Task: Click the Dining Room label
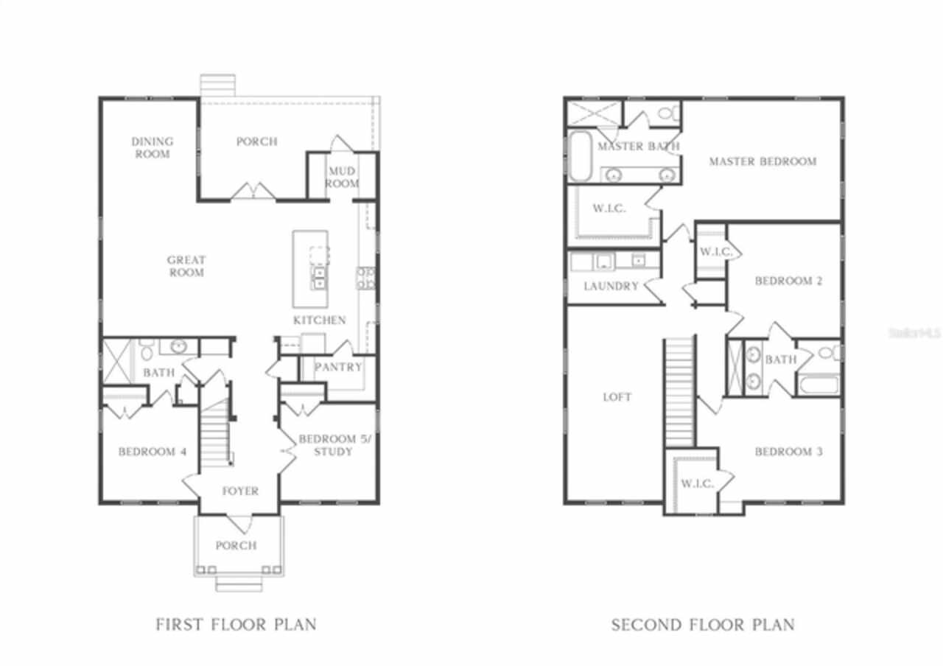pyautogui.click(x=152, y=148)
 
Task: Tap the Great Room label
pyautogui.click(x=186, y=266)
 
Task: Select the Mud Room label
pyautogui.click(x=342, y=178)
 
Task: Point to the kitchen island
pyautogui.click(x=311, y=269)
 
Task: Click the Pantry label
pyautogui.click(x=338, y=367)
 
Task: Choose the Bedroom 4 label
pyautogui.click(x=153, y=452)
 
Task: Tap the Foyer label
pyautogui.click(x=240, y=491)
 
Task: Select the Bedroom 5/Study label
pyautogui.click(x=335, y=446)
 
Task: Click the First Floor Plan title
pyautogui.click(x=236, y=624)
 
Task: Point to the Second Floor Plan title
pyautogui.click(x=703, y=625)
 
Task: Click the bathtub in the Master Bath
pyautogui.click(x=580, y=155)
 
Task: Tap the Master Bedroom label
pyautogui.click(x=763, y=161)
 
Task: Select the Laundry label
pyautogui.click(x=611, y=287)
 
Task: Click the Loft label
pyautogui.click(x=617, y=397)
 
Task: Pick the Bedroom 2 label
pyautogui.click(x=788, y=281)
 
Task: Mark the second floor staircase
pyautogui.click(x=679, y=391)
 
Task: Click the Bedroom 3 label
pyautogui.click(x=788, y=452)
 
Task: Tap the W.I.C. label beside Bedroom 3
pyautogui.click(x=698, y=484)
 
